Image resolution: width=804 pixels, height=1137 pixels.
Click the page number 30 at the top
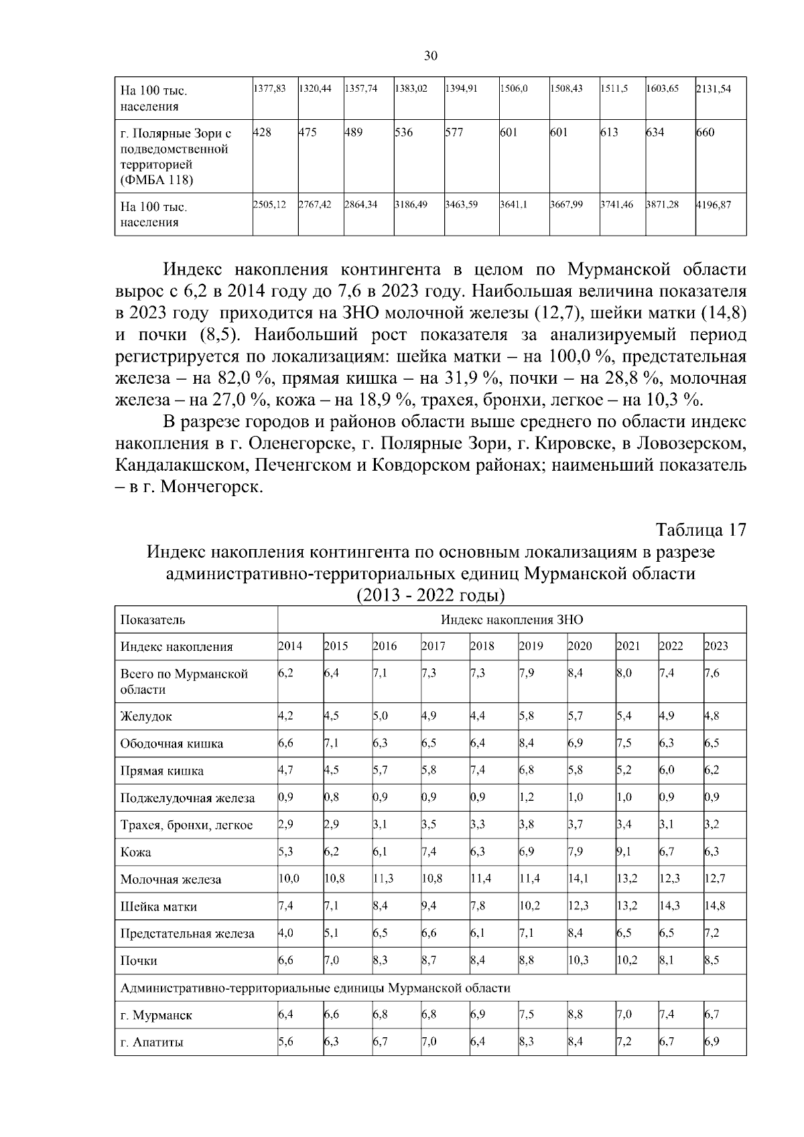[x=431, y=56]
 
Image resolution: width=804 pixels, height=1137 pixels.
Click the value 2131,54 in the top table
[x=714, y=88]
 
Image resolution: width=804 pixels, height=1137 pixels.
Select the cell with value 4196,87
[x=714, y=205]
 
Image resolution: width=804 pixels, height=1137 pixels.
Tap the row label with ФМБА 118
[x=157, y=180]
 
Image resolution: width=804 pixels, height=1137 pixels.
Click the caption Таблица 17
[x=701, y=530]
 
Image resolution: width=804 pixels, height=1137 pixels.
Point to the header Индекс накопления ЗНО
[x=512, y=619]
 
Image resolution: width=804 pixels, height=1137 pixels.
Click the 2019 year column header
[x=531, y=646]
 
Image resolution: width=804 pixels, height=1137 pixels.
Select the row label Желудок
[x=146, y=716]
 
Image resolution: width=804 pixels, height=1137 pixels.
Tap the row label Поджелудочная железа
[x=188, y=798]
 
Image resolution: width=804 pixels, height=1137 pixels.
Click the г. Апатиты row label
[x=151, y=1043]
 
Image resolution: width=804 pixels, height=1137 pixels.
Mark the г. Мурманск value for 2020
[x=576, y=1014]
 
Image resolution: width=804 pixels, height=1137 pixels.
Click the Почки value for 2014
[x=285, y=960]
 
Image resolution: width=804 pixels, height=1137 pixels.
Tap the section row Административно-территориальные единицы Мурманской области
[x=315, y=988]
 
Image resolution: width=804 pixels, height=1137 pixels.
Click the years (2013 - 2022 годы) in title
[x=430, y=595]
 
